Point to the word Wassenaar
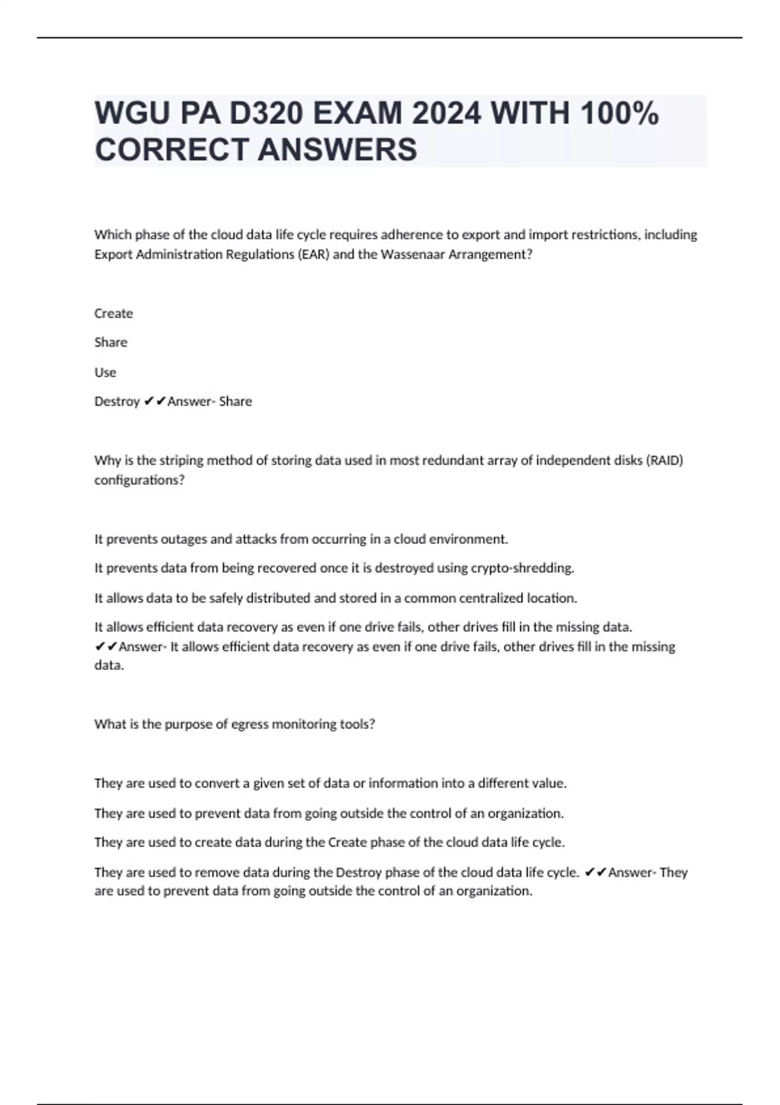[x=413, y=254]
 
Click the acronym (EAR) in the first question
[x=313, y=254]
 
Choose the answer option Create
[x=114, y=313]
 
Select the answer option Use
[x=105, y=372]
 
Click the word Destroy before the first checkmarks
[x=117, y=402]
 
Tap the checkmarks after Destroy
[x=155, y=402]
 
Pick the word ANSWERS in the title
[x=337, y=149]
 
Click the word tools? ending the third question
[x=357, y=724]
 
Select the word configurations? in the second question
[x=140, y=480]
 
